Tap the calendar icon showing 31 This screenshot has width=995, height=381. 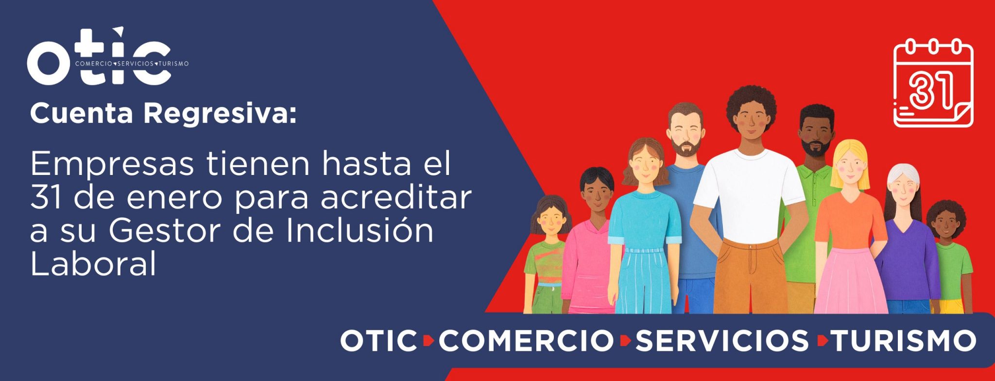933,84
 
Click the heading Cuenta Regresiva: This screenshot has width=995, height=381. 163,114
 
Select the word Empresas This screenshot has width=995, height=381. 113,165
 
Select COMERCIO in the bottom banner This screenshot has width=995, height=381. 527,341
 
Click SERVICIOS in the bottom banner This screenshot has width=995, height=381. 721,341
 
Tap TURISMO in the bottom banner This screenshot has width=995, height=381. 903,341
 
